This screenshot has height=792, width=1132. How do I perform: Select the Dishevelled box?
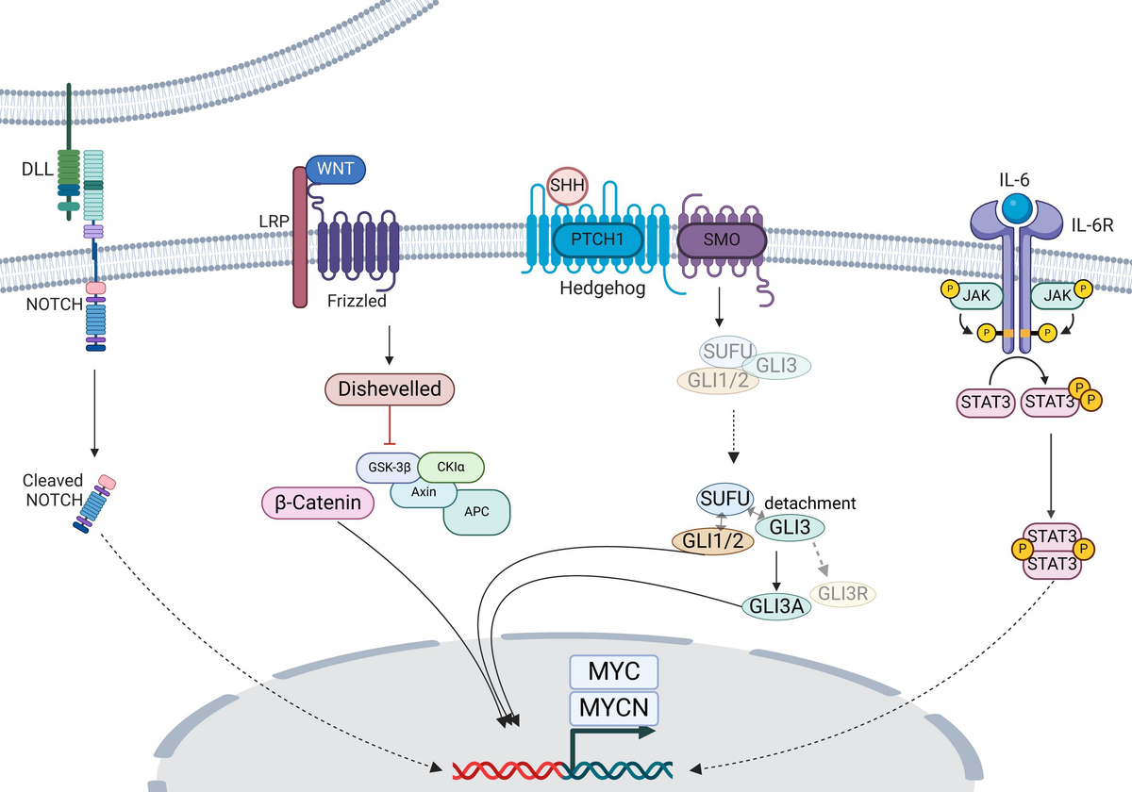click(390, 389)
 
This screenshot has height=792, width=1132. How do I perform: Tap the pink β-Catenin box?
click(317, 503)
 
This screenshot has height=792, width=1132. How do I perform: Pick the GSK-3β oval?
click(388, 467)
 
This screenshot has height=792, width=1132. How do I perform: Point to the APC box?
click(476, 512)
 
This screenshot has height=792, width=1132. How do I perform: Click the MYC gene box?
click(614, 672)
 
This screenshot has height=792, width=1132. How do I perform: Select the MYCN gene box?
click(614, 706)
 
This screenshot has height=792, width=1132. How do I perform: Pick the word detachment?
click(810, 503)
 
